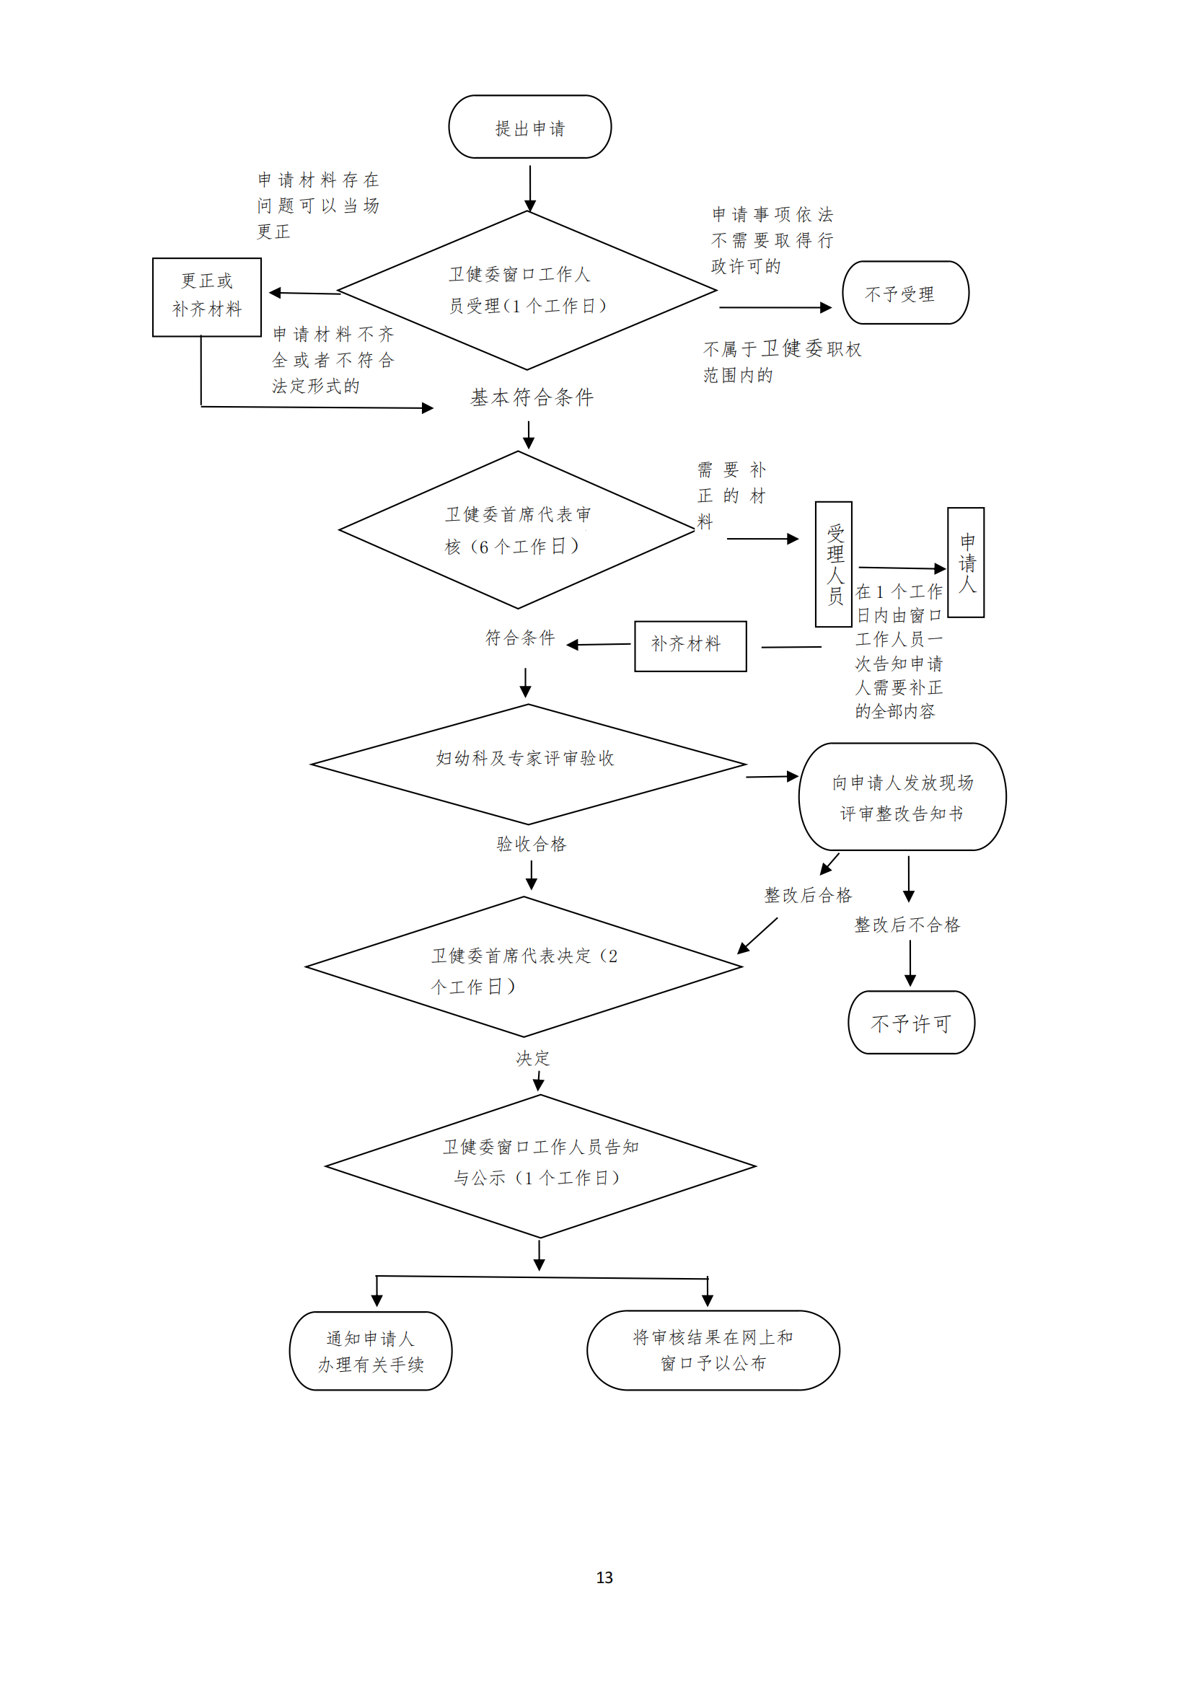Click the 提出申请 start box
(529, 127)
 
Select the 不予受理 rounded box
(905, 293)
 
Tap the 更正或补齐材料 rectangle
(206, 297)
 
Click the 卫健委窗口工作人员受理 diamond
(527, 291)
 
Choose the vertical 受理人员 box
(834, 564)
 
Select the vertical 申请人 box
(965, 562)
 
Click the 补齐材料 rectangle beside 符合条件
(690, 646)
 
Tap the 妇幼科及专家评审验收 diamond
(527, 764)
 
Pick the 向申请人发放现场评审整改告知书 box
(902, 797)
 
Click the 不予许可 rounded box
(911, 1023)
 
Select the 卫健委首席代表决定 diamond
(524, 967)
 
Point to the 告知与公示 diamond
(540, 1166)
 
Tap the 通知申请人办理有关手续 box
(370, 1350)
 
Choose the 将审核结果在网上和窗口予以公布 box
(713, 1350)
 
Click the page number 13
(604, 1577)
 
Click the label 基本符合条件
(532, 398)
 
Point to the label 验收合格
(531, 845)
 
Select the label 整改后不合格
(907, 925)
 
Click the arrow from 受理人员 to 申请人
(902, 568)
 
